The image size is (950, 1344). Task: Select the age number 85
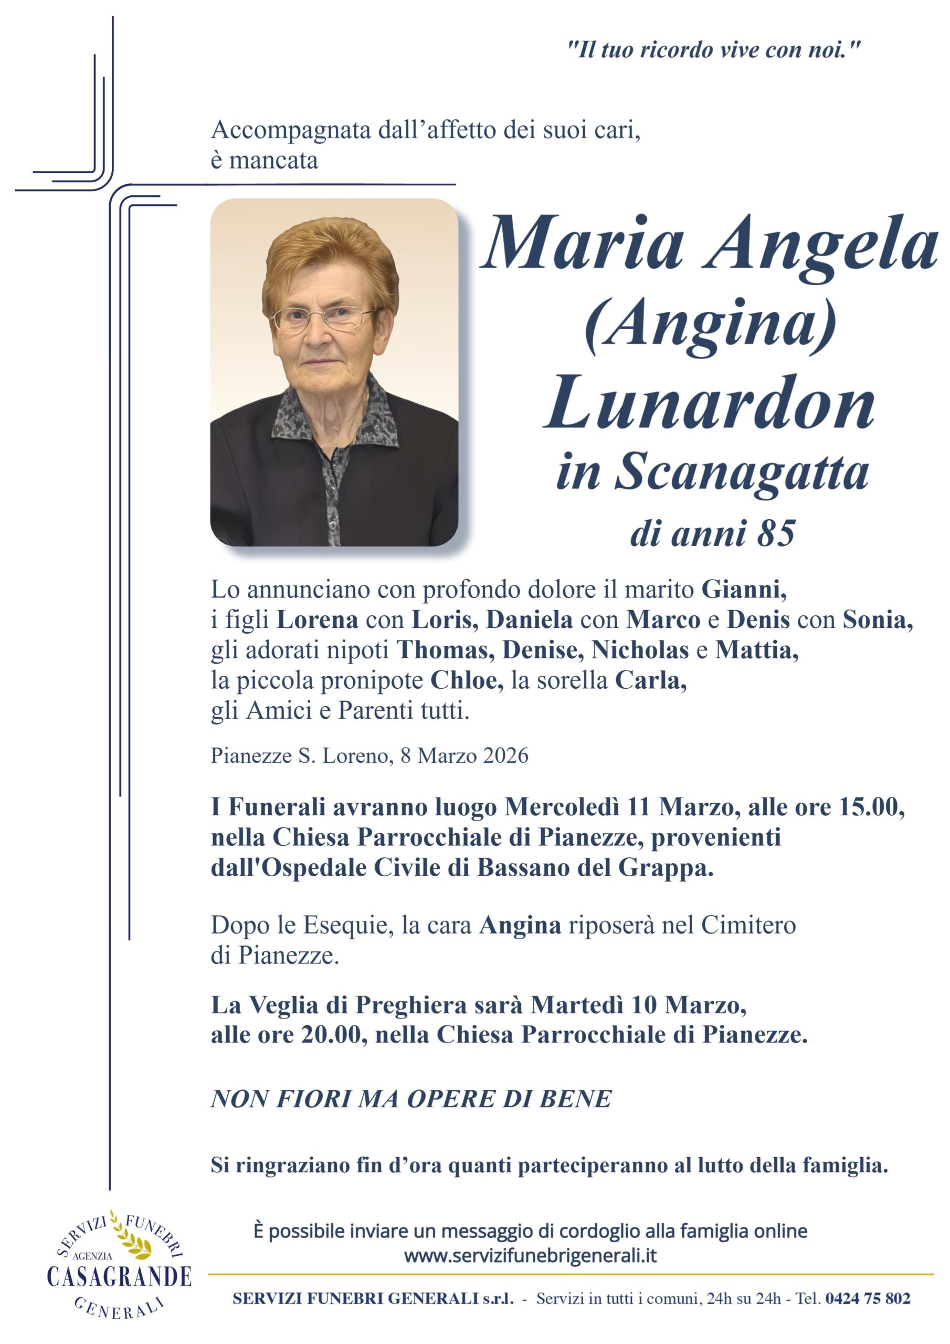coord(776,533)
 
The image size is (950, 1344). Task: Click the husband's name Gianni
coord(743,590)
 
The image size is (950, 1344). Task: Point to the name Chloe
coord(467,680)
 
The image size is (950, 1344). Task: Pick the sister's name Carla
coord(650,680)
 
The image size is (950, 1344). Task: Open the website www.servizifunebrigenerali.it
coord(530,1256)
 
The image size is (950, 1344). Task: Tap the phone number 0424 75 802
coord(868,1298)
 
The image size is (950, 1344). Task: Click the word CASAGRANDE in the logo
coord(120,1277)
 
